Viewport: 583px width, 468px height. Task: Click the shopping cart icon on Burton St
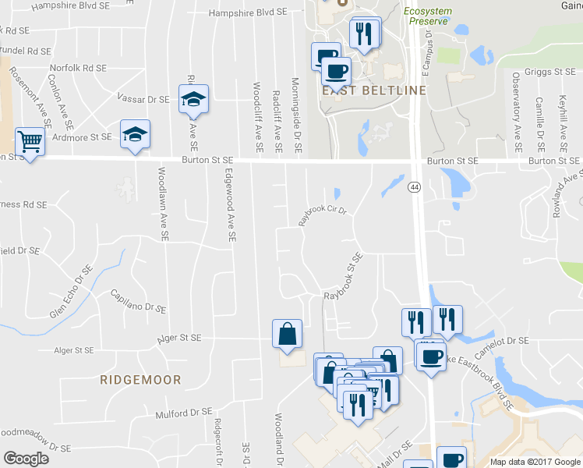coord(30,142)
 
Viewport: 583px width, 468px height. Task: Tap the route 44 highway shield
coord(414,187)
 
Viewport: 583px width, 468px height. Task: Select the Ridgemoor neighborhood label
coord(140,380)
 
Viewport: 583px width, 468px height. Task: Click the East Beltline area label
coord(375,90)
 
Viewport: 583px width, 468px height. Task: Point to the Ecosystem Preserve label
coord(427,16)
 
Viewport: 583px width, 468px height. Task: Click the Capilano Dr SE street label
coord(139,301)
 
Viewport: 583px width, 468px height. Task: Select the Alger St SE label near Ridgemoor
coord(179,339)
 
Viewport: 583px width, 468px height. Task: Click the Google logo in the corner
coord(26,459)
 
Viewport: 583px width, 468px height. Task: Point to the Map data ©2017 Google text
coord(535,461)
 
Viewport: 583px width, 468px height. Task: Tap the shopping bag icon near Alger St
coord(288,333)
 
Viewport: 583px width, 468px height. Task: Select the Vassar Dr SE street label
coord(143,99)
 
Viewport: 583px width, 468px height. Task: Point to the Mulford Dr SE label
coord(183,413)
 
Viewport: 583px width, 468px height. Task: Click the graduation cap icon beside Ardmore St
coord(135,134)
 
